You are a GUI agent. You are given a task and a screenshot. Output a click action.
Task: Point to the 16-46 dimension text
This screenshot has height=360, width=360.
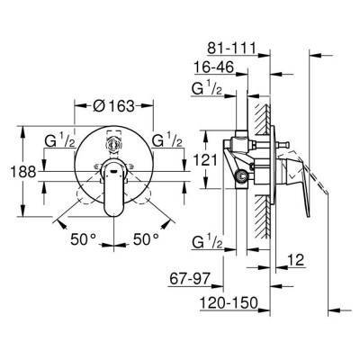pos(215,67)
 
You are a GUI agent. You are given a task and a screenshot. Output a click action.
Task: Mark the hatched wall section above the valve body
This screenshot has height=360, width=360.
pos(264,112)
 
